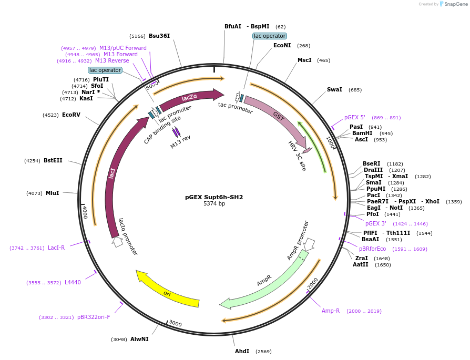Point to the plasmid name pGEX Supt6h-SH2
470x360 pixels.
click(x=214, y=197)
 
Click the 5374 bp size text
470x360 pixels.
click(x=214, y=204)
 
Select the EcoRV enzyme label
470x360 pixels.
click(x=71, y=115)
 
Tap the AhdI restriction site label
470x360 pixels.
click(x=242, y=351)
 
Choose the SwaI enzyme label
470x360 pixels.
click(x=334, y=89)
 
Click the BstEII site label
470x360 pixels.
click(x=53, y=160)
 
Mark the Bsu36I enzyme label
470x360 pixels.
click(x=159, y=36)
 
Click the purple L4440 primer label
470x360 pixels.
click(x=73, y=282)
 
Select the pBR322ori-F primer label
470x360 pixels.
click(x=94, y=317)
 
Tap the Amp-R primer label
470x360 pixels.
click(x=331, y=311)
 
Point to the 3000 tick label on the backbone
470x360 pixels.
click(x=175, y=324)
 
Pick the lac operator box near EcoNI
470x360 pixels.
click(x=269, y=36)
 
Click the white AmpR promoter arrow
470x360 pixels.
click(x=309, y=243)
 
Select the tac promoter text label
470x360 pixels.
click(x=236, y=108)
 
